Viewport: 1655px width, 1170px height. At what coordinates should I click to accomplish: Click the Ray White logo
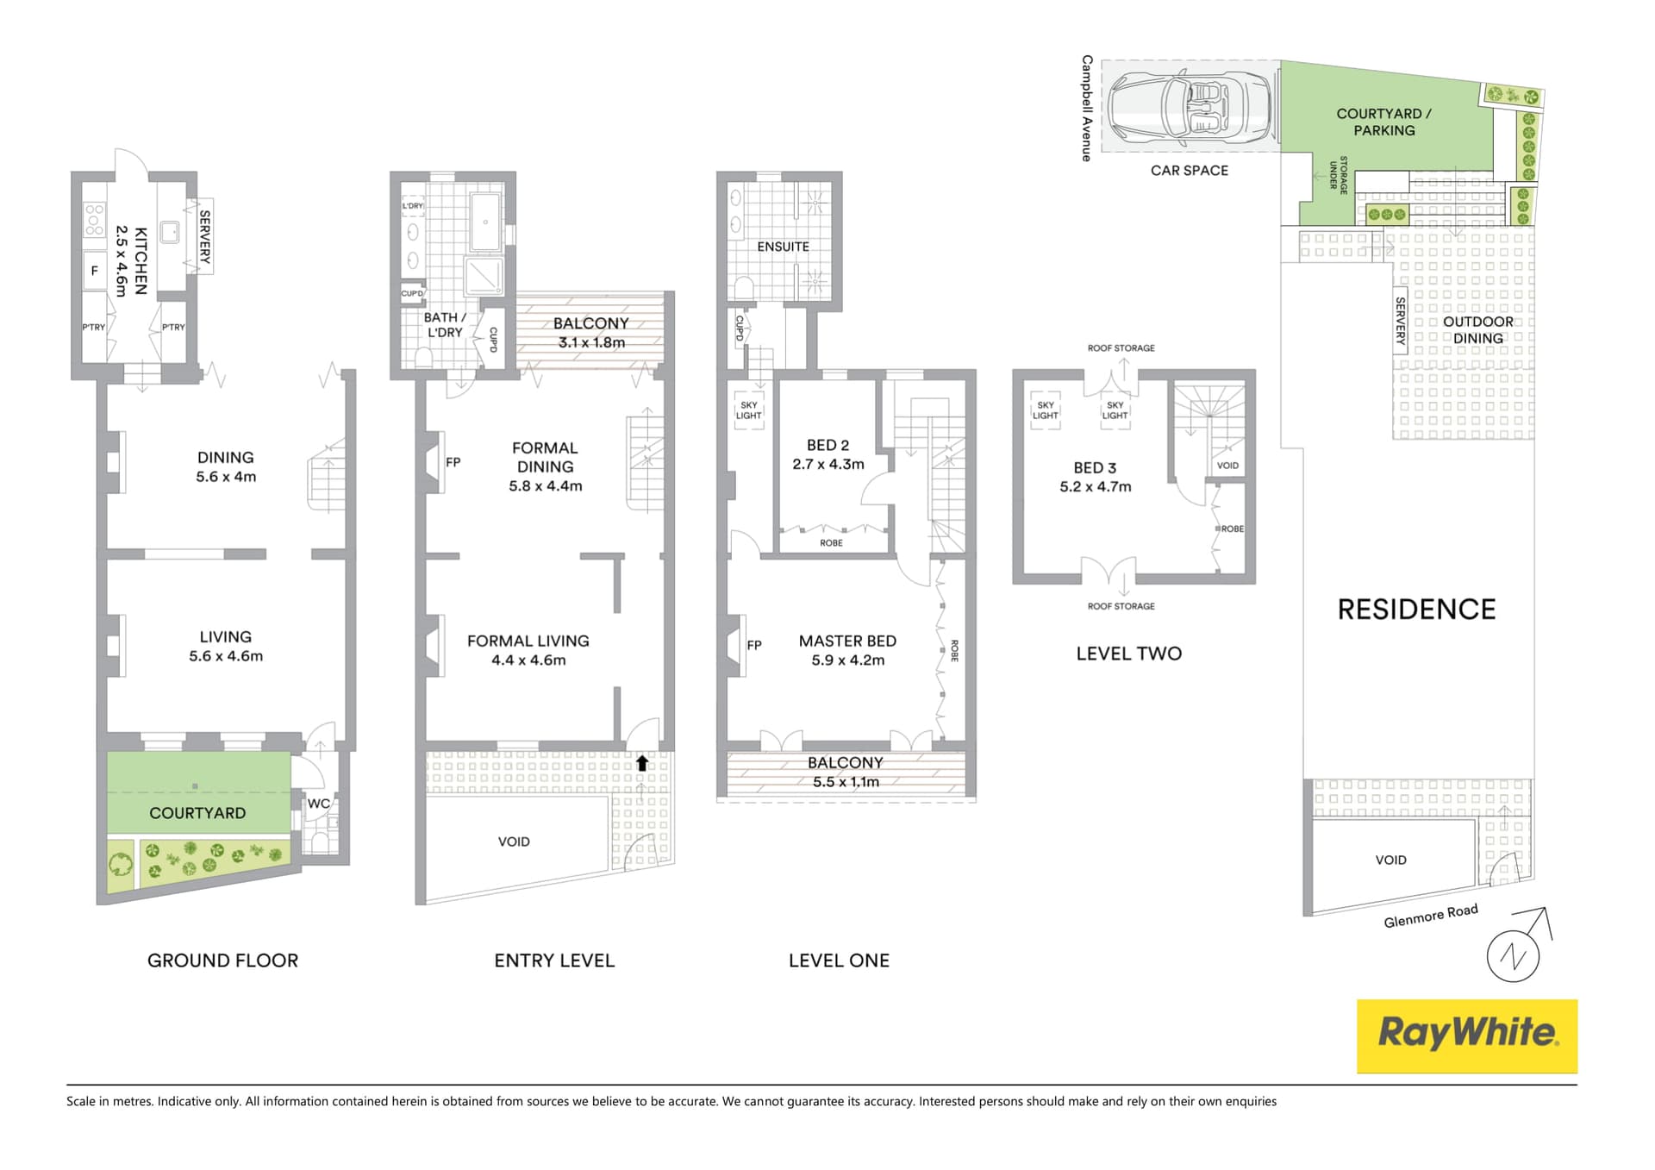1467,1035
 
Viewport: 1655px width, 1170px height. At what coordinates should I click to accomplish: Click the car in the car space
1190,106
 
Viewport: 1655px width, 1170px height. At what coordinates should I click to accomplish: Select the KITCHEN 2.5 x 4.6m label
131,261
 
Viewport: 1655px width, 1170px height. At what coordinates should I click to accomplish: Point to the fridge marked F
95,271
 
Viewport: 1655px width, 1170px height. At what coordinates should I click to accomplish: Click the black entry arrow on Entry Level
642,763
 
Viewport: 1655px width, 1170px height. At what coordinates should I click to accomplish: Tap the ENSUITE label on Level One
783,247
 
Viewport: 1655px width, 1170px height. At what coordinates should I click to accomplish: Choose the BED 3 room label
1095,477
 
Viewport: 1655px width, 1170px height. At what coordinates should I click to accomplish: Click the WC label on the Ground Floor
318,804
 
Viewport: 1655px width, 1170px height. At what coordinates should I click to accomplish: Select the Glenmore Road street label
1430,916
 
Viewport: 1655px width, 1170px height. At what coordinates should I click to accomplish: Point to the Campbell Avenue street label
1087,108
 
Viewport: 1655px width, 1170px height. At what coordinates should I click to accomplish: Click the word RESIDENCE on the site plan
1416,610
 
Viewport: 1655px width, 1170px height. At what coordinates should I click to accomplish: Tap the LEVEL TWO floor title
1128,654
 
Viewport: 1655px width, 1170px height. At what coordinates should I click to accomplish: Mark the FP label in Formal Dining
453,462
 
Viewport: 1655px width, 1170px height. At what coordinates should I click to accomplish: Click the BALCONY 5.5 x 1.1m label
846,773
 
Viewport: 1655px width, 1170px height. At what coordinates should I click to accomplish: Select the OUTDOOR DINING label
1477,330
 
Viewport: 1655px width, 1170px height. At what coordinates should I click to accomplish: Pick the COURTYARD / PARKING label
1383,122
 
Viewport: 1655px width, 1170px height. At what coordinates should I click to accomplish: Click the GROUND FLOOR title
222,960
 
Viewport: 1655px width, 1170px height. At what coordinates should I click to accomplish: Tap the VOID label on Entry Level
514,842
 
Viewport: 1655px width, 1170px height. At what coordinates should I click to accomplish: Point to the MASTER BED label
847,650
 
